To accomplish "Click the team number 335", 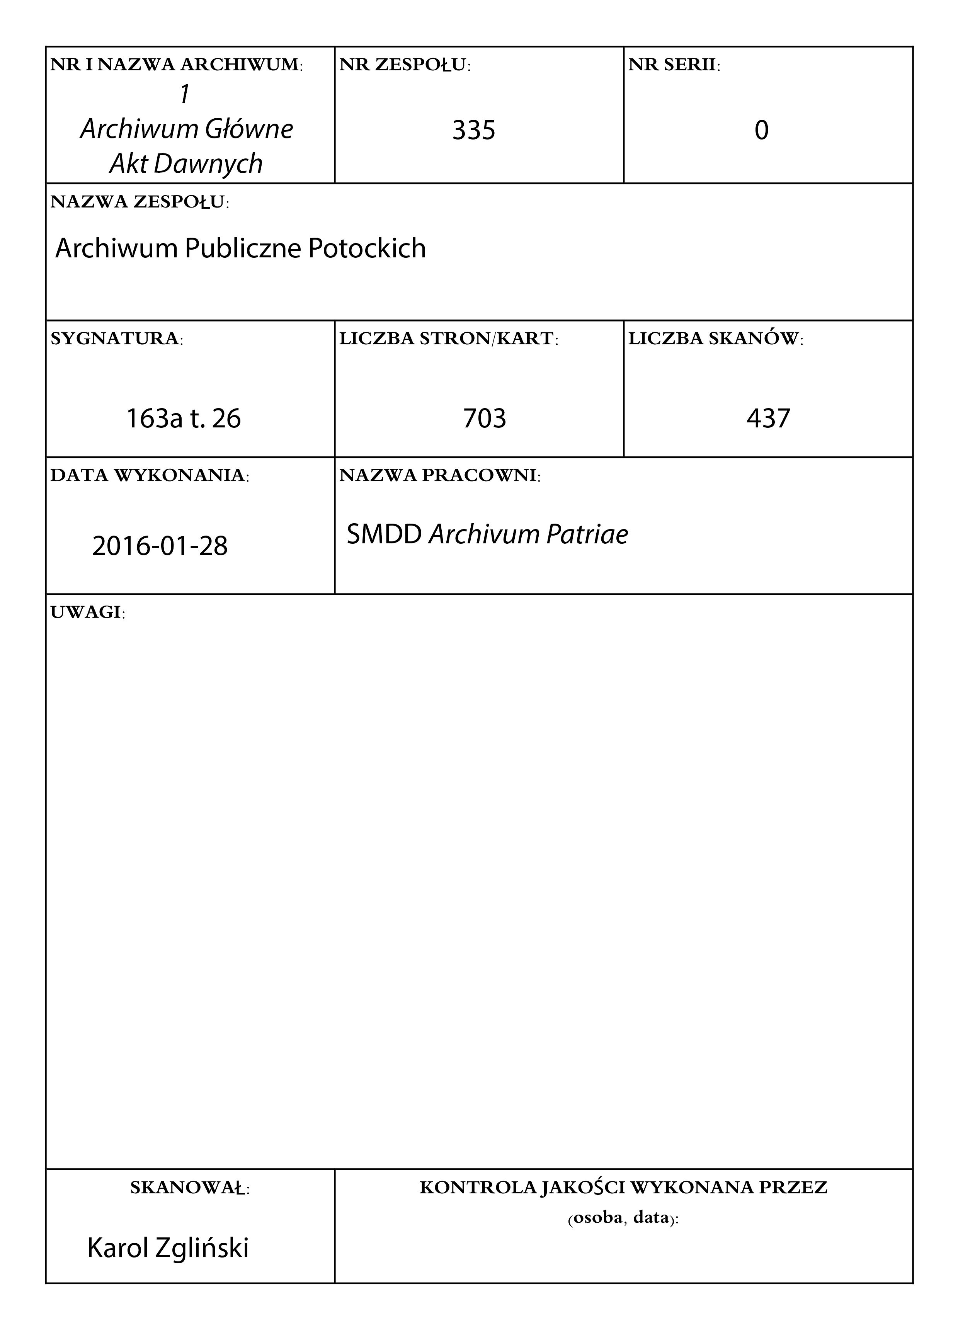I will pyautogui.click(x=473, y=130).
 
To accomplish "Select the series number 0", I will pyautogui.click(x=761, y=130).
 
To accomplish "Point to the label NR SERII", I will pyautogui.click(x=674, y=65).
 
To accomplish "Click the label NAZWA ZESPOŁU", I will pyautogui.click(x=140, y=202).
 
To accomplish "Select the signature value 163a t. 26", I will pyautogui.click(x=184, y=419).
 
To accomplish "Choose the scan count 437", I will pyautogui.click(x=768, y=419).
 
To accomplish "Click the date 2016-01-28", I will pyautogui.click(x=160, y=546).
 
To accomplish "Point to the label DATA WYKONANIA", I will pyautogui.click(x=150, y=475).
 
